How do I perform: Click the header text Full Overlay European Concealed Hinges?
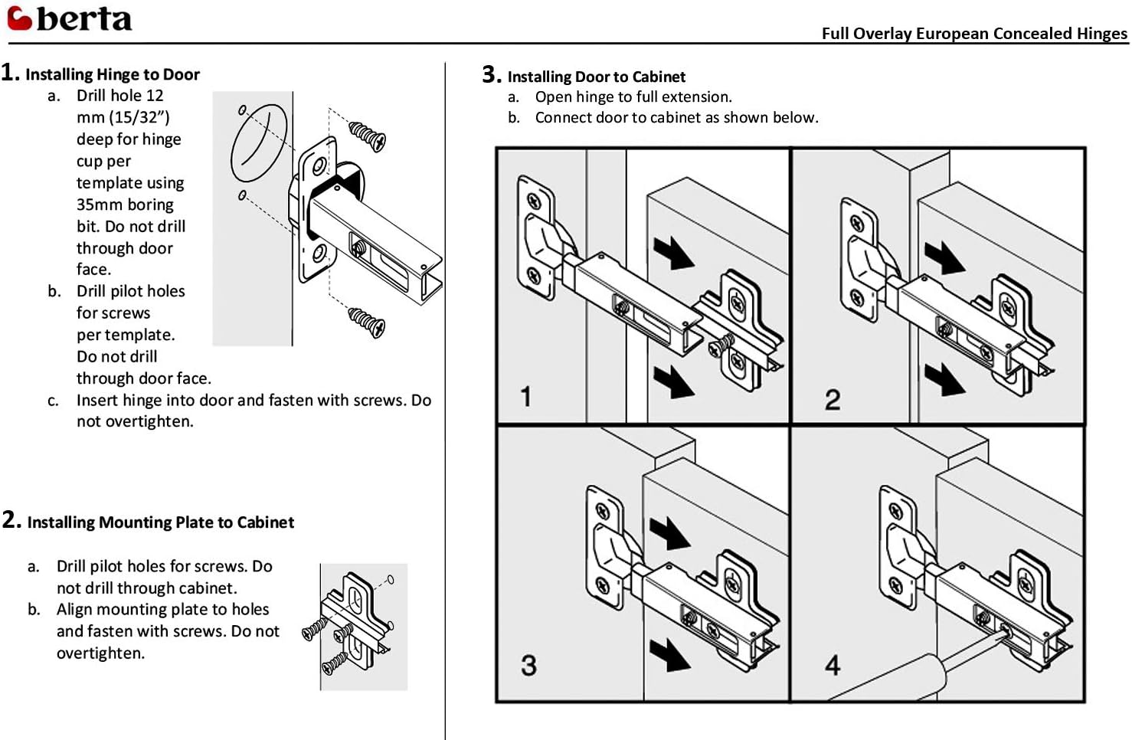(x=973, y=34)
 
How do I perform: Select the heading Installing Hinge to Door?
(x=112, y=74)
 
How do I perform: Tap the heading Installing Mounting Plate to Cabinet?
(x=160, y=522)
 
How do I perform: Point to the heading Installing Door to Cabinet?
(x=596, y=77)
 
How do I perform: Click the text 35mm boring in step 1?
(x=125, y=205)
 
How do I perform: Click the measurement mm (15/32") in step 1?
(x=123, y=117)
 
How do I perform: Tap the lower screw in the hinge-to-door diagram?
(x=367, y=323)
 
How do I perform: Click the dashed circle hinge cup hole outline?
(x=259, y=143)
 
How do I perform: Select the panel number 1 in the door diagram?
(x=526, y=397)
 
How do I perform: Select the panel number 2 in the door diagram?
(x=833, y=400)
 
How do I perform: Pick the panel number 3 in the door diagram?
(x=528, y=665)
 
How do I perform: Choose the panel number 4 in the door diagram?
(x=833, y=665)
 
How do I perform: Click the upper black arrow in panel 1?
(x=673, y=253)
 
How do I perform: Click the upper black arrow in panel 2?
(x=944, y=258)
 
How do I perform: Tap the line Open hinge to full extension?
(x=633, y=97)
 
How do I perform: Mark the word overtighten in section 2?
(x=100, y=653)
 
